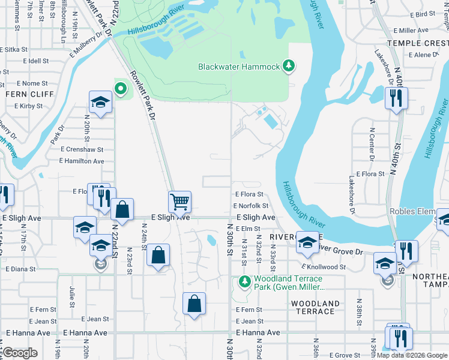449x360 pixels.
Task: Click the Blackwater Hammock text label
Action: tap(239, 67)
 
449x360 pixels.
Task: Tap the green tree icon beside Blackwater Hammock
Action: tap(289, 65)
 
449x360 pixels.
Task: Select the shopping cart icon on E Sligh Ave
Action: tap(179, 202)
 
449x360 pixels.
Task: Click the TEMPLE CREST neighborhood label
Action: tap(418, 43)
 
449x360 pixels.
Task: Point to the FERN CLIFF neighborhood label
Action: tap(29, 94)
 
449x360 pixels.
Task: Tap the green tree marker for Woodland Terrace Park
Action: tap(244, 281)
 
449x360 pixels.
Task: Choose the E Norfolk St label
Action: tap(250, 206)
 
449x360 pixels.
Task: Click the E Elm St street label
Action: tap(248, 229)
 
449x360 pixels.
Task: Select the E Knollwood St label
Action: tap(324, 266)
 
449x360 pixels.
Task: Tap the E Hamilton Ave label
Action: tap(82, 161)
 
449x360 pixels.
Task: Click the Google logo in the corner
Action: tap(20, 353)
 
